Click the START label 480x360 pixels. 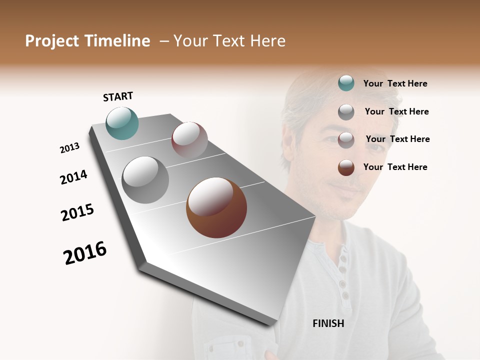click(x=118, y=96)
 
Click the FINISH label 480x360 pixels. click(x=328, y=323)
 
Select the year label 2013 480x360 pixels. click(x=69, y=148)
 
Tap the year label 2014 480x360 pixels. click(x=73, y=177)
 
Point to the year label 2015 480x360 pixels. click(x=77, y=212)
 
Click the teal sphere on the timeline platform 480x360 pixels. click(x=122, y=123)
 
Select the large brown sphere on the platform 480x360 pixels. click(x=216, y=207)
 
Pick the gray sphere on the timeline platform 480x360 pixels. click(x=145, y=180)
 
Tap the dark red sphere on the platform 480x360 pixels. click(x=189, y=140)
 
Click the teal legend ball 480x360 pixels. click(x=346, y=83)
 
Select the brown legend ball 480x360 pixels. click(x=346, y=167)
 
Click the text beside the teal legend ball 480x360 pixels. click(x=395, y=83)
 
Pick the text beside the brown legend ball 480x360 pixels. click(x=395, y=167)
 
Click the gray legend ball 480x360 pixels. click(x=346, y=112)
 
